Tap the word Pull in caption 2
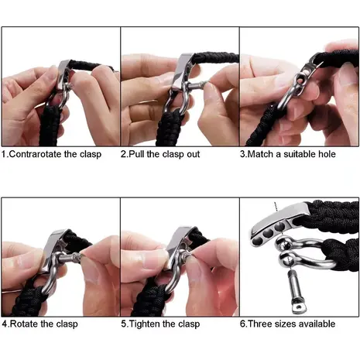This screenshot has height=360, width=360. click(139, 154)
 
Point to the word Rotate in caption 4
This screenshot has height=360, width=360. click(26, 324)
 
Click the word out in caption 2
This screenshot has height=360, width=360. click(206, 154)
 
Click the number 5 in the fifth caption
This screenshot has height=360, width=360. click(125, 324)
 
